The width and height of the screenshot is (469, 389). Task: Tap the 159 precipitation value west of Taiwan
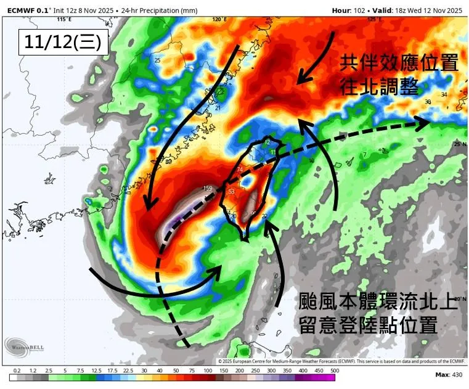[x=208, y=187]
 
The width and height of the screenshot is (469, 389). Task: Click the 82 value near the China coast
[x=168, y=162]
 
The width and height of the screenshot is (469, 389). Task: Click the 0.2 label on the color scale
[x=17, y=370]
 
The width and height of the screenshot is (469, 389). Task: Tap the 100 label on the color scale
[x=206, y=370]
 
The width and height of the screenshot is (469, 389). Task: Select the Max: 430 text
[x=449, y=375]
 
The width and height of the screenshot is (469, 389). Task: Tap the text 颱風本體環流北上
[x=378, y=302]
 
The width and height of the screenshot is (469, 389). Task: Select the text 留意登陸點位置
[x=369, y=325]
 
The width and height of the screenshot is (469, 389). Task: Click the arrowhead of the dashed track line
[x=424, y=124]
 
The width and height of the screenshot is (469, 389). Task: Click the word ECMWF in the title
[x=20, y=10]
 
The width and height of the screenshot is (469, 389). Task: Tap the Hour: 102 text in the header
[x=353, y=10]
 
